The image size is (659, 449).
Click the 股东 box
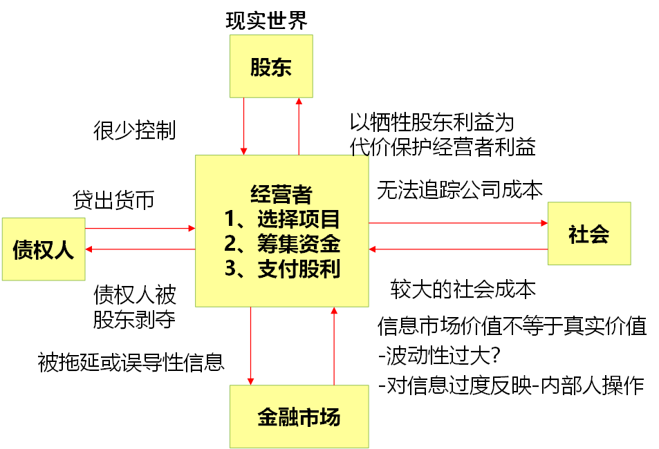271,66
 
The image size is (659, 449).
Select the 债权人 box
43,249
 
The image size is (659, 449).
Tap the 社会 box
589,233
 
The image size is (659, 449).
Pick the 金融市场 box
299,417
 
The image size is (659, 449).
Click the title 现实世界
267,20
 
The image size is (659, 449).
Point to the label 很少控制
135,130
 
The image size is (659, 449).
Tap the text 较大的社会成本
463,289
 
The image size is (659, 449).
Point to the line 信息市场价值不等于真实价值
512,325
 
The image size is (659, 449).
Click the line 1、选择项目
282,218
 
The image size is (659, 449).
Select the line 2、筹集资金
282,243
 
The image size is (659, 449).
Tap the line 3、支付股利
282,268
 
